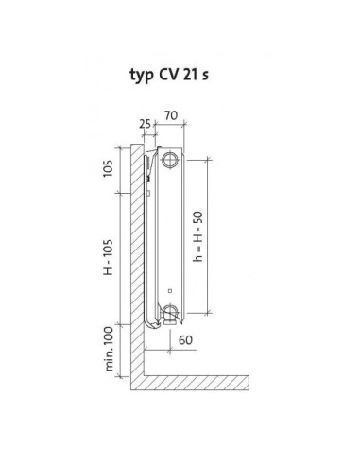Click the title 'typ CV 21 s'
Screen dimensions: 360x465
pyautogui.click(x=169, y=76)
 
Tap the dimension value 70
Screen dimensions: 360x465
pyautogui.click(x=171, y=115)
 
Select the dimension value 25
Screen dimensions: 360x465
pyautogui.click(x=146, y=124)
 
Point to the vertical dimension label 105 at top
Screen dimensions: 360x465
pyautogui.click(x=108, y=168)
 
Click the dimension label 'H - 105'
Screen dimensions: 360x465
pyautogui.click(x=108, y=257)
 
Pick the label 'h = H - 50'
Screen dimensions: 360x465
pyautogui.click(x=198, y=236)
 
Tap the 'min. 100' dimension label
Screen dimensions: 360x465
pyautogui.click(x=109, y=349)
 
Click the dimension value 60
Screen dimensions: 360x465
pyautogui.click(x=185, y=340)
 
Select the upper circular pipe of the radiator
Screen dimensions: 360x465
pyautogui.click(x=170, y=160)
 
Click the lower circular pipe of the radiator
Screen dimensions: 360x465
pyautogui.click(x=170, y=312)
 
